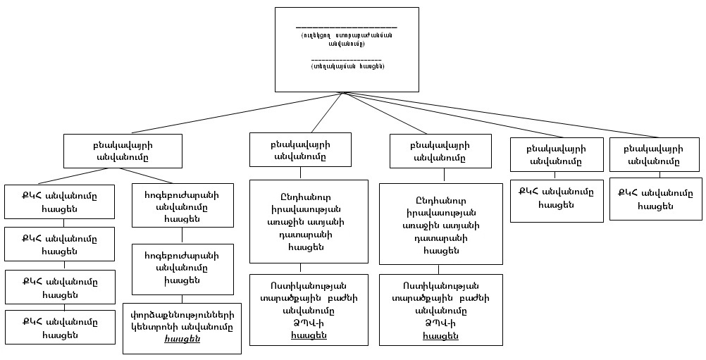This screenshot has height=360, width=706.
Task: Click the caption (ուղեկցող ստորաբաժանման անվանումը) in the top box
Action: coord(346,39)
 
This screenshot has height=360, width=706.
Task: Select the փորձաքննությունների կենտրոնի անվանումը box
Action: coord(182,328)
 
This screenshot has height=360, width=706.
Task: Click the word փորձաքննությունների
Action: coord(182,315)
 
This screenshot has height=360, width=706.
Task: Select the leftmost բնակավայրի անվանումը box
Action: coord(123,151)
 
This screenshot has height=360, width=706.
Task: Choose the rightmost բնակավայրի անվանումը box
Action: coord(655,155)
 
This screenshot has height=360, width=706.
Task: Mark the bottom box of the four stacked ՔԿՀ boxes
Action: coord(59,327)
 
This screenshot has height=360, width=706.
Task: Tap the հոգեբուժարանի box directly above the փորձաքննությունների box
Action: coord(182,268)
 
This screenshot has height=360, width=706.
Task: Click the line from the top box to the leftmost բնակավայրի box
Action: coord(233,113)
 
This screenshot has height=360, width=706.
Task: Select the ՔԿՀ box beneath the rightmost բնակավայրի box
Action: coord(655,199)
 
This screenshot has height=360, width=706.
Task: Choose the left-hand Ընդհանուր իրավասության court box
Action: coord(309,221)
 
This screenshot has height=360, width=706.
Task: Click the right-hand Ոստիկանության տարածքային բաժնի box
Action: coord(441,309)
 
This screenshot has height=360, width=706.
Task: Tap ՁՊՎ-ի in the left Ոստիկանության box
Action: coord(309,323)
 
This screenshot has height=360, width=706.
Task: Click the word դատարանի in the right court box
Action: coord(441,238)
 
